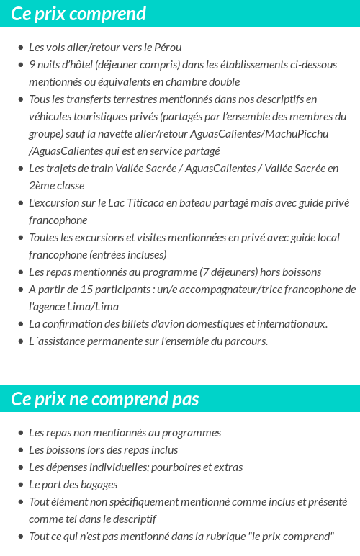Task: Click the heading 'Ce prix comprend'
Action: tap(78, 14)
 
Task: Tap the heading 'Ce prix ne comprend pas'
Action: tap(105, 399)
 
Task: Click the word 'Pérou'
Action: tap(168, 48)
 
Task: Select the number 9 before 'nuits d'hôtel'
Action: tap(32, 65)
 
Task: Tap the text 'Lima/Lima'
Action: tap(96, 307)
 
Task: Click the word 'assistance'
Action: tap(65, 341)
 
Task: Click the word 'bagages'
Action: tap(98, 485)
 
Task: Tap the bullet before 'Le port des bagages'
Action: tap(20, 485)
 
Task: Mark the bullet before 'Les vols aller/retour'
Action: tap(20, 48)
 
